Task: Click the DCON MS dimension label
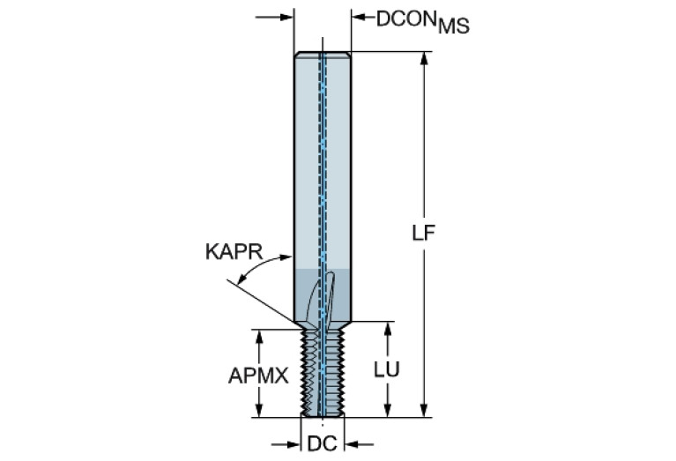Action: [422, 22]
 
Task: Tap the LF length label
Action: [424, 234]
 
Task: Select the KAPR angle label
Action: [234, 252]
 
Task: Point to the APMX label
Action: [258, 375]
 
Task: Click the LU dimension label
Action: [387, 369]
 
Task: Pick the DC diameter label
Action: [322, 443]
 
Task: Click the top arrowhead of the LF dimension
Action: [424, 59]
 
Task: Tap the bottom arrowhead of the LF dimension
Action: [424, 411]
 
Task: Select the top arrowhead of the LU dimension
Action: [388, 329]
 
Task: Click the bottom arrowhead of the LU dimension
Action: [388, 411]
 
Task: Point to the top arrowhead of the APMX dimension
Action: [258, 337]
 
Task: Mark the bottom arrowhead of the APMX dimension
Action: [258, 411]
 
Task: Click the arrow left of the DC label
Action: [286, 444]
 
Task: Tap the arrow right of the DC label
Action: [359, 444]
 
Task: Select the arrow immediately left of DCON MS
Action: [363, 18]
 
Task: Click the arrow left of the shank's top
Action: [275, 18]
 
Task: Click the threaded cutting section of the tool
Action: [323, 373]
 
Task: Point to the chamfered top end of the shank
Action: [323, 55]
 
